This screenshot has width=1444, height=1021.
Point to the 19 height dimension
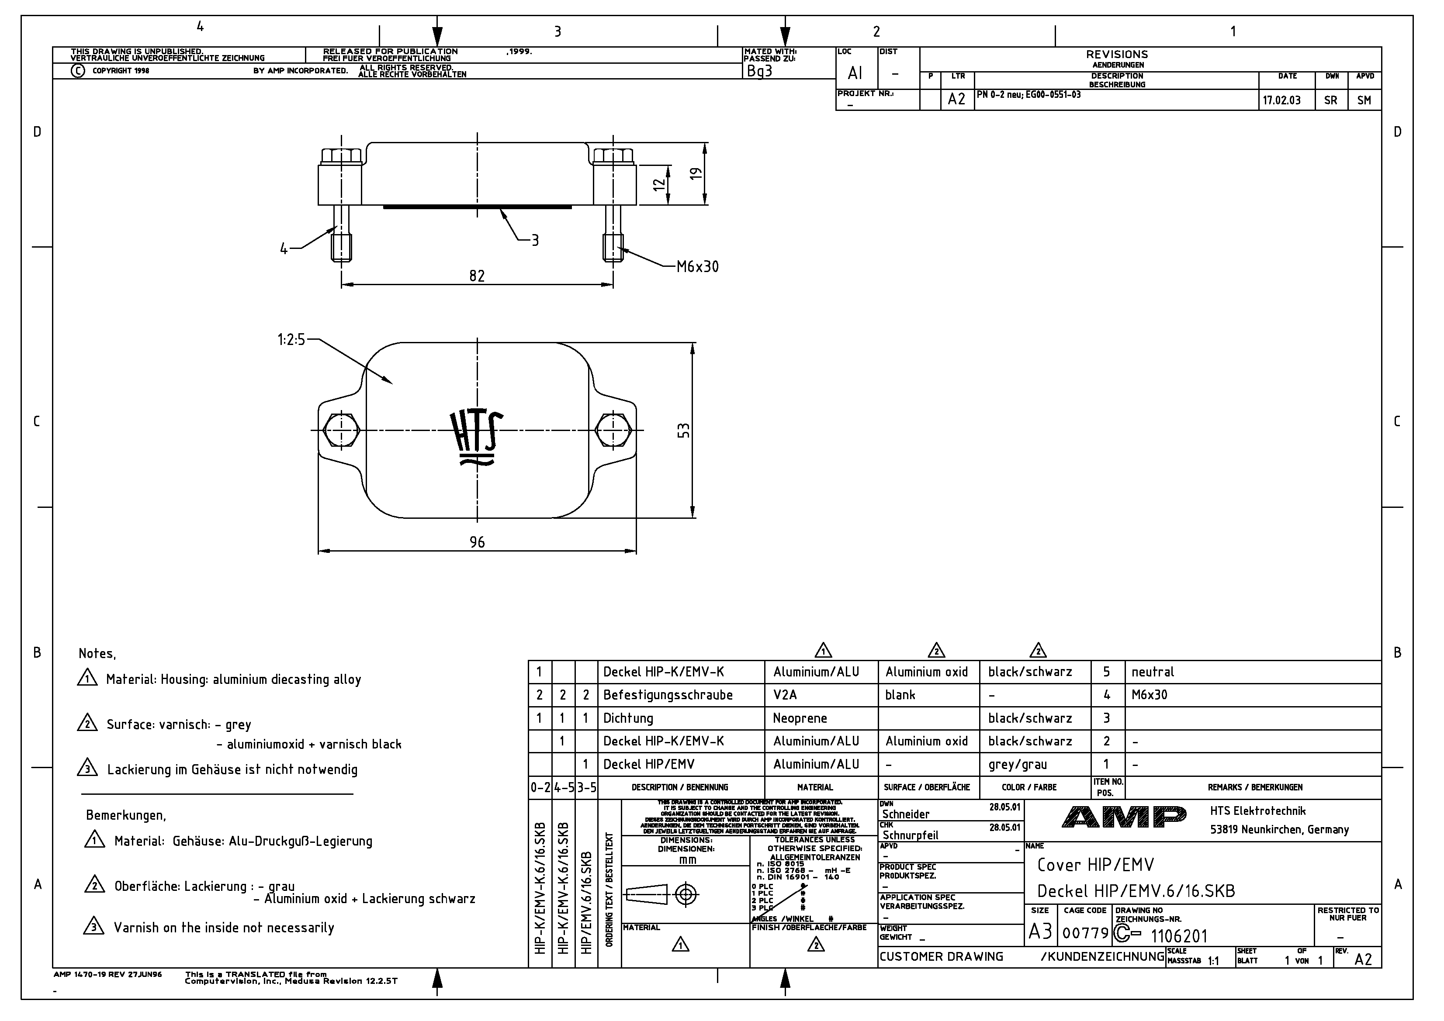coord(696,173)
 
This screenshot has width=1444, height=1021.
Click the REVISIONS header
coord(1116,55)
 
